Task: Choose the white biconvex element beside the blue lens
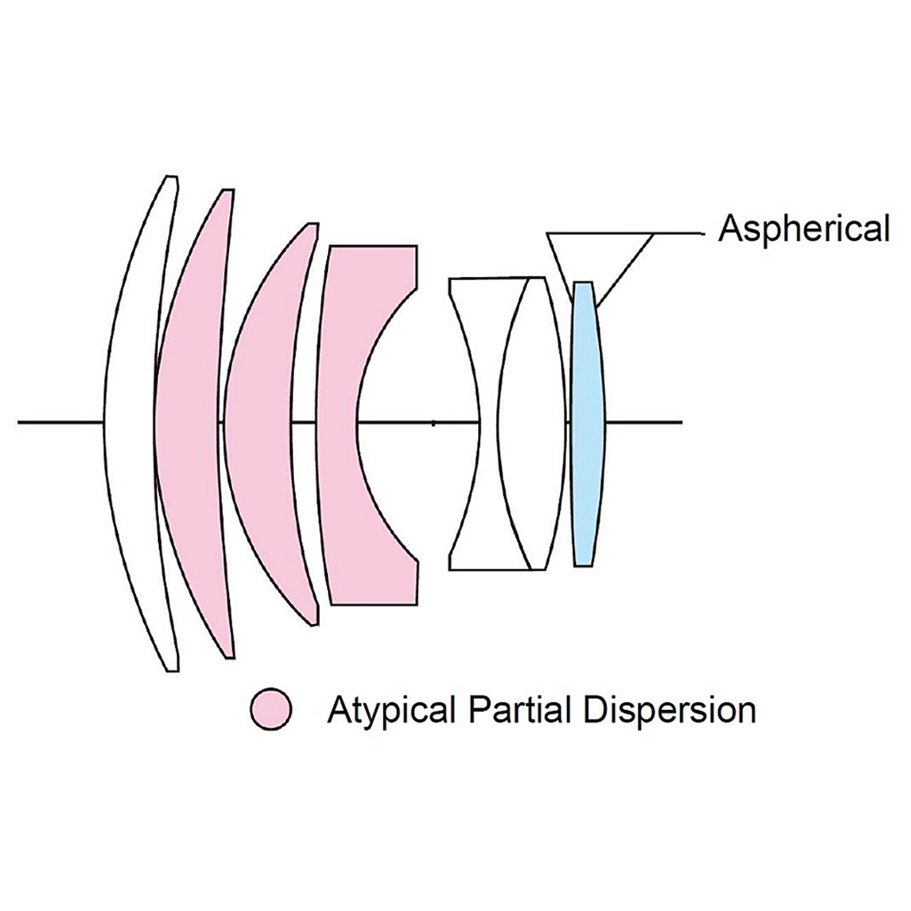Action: point(532,423)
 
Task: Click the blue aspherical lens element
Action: point(587,423)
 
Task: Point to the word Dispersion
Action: point(669,710)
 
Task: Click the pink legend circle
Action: point(271,710)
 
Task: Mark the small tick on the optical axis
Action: point(434,423)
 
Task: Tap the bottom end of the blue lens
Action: point(583,564)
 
